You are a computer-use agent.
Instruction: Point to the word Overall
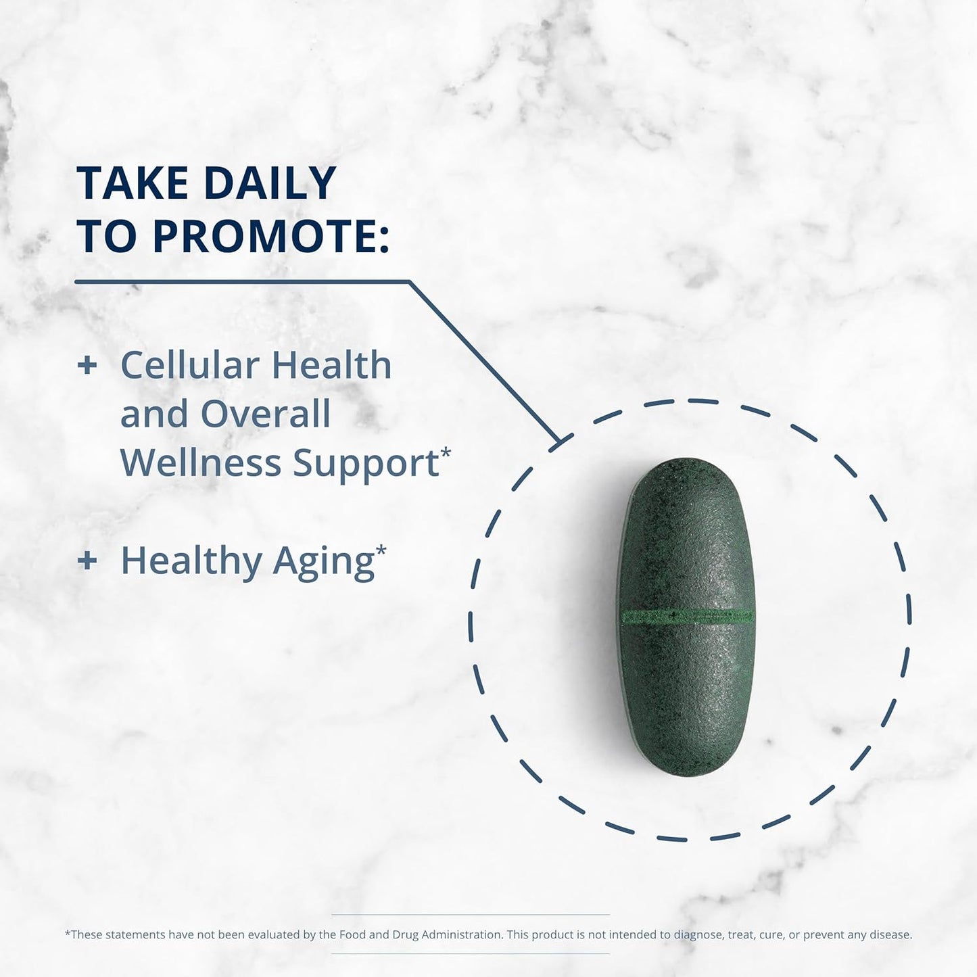(x=265, y=414)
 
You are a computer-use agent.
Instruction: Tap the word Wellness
(x=200, y=463)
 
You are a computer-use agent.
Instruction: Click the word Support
(x=366, y=464)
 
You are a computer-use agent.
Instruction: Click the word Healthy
(x=191, y=561)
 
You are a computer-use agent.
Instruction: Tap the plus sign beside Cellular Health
(x=87, y=366)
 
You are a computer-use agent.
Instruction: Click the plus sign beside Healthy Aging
(x=87, y=561)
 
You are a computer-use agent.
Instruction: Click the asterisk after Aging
(x=381, y=550)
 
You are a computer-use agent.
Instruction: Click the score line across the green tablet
(x=687, y=617)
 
